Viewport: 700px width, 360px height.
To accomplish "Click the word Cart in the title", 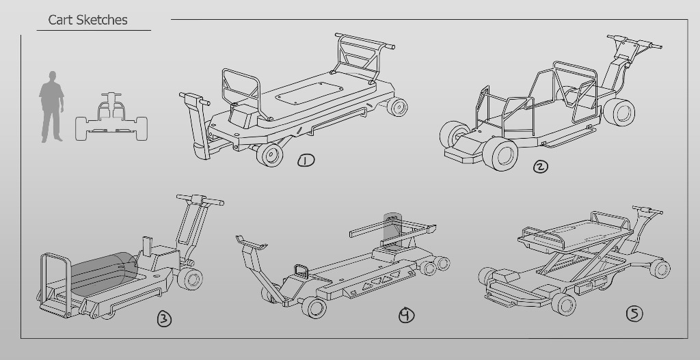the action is pos(60,20).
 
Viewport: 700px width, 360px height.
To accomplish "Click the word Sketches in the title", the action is pos(102,20).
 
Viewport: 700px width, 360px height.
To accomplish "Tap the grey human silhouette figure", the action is pos(52,107).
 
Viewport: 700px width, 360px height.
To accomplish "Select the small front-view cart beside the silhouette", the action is pos(111,117).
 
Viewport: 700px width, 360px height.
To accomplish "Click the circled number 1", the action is pos(306,161).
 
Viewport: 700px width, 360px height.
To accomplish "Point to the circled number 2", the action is pos(541,167).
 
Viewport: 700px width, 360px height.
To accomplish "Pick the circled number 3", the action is pos(164,319).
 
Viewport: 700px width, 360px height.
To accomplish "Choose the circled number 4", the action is pos(406,315).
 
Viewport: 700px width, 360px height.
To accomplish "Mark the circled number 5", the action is pos(635,314).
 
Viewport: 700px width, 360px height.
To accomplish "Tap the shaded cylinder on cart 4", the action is pos(392,230).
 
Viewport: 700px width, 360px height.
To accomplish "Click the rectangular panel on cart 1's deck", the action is pos(309,93).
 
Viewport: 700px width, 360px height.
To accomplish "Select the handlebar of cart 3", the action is pos(200,199).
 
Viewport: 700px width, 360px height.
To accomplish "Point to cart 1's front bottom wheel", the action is pos(269,154).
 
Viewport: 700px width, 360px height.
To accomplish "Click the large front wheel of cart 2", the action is pos(500,154).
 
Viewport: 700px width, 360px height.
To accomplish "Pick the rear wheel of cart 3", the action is pos(191,278).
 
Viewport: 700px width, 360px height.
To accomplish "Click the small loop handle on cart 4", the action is pos(301,271).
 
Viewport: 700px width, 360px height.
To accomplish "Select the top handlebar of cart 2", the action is pos(634,42).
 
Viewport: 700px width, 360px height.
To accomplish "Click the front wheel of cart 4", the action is pos(314,307).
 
